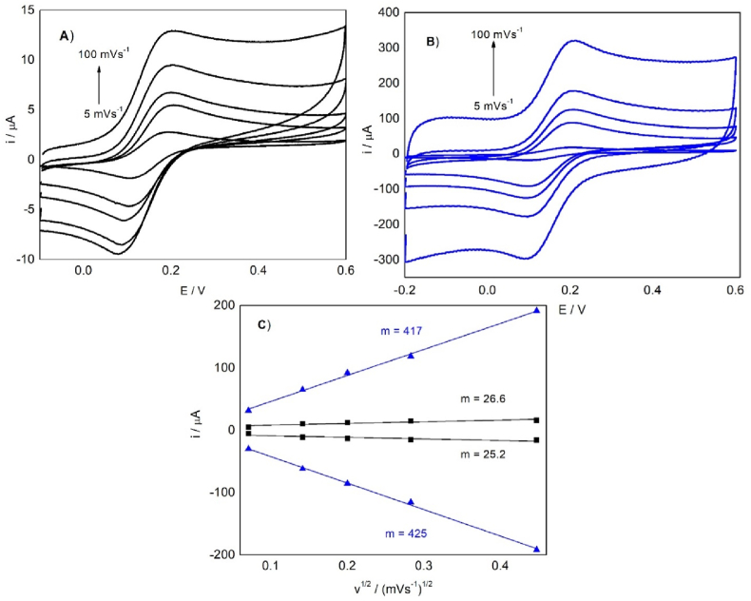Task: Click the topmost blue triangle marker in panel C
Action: pyautogui.click(x=537, y=310)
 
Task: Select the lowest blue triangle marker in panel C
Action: pyautogui.click(x=537, y=549)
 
